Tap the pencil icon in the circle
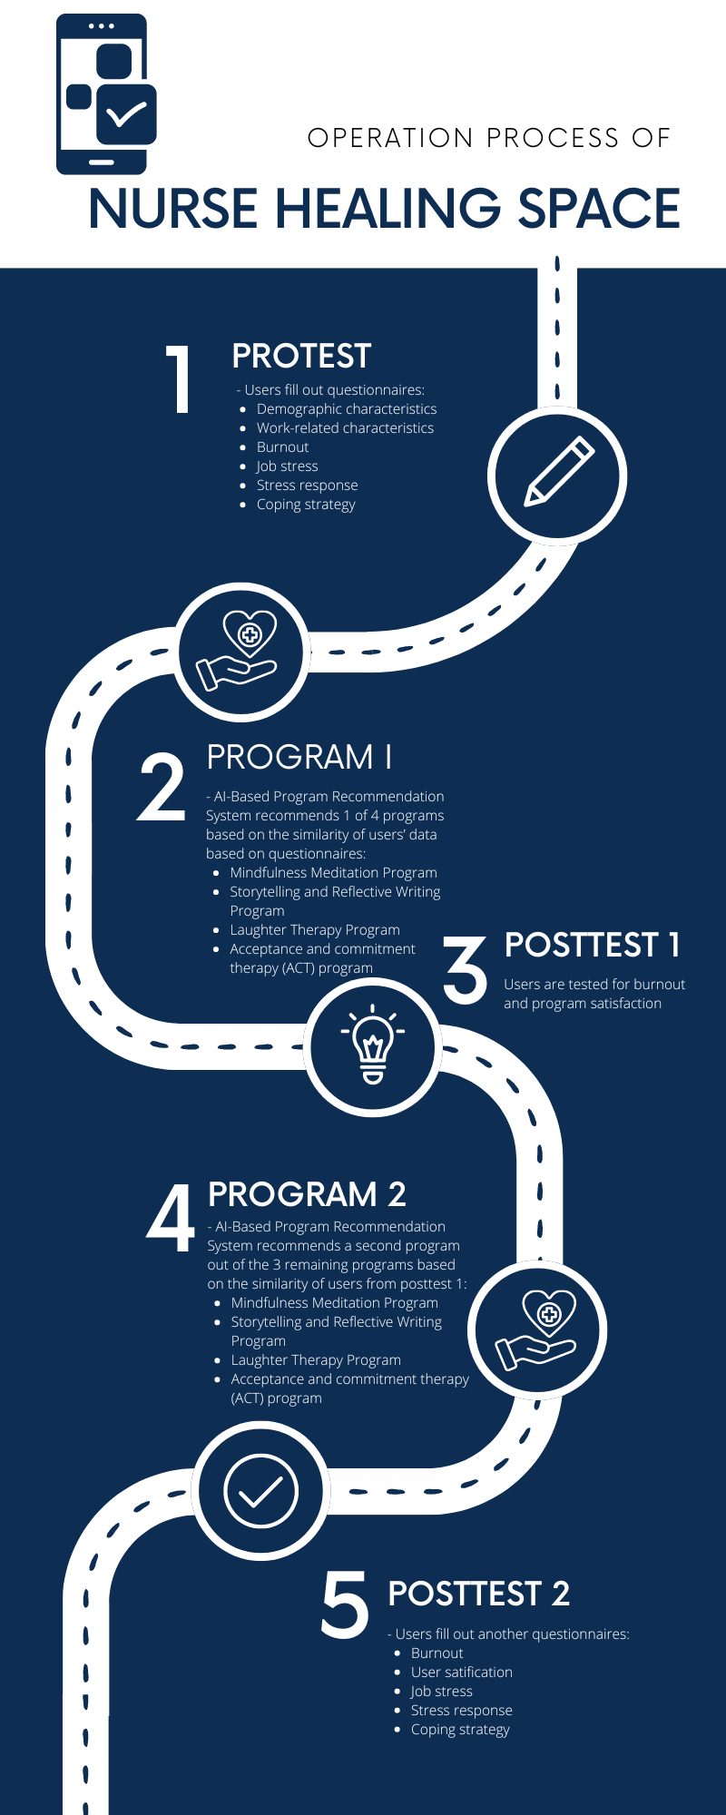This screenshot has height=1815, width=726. pyautogui.click(x=557, y=474)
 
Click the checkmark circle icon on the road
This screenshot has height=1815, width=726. pyautogui.click(x=260, y=1491)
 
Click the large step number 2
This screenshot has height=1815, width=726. pyautogui.click(x=162, y=788)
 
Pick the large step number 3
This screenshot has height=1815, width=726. pyautogui.click(x=466, y=969)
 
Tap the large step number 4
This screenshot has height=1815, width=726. pyautogui.click(x=171, y=1218)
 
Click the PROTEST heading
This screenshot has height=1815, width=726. pyautogui.click(x=301, y=357)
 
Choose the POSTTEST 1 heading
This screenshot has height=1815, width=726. pyautogui.click(x=592, y=945)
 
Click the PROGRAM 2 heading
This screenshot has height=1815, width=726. pyautogui.click(x=307, y=1194)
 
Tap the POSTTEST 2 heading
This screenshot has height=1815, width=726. pyautogui.click(x=478, y=1594)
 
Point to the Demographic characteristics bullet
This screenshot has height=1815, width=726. pyautogui.click(x=346, y=409)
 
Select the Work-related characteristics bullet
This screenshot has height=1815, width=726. pyautogui.click(x=345, y=428)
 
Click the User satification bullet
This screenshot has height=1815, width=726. pyautogui.click(x=461, y=1672)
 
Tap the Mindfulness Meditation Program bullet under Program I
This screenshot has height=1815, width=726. pyautogui.click(x=333, y=873)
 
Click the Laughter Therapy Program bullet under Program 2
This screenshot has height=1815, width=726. pyautogui.click(x=316, y=1359)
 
